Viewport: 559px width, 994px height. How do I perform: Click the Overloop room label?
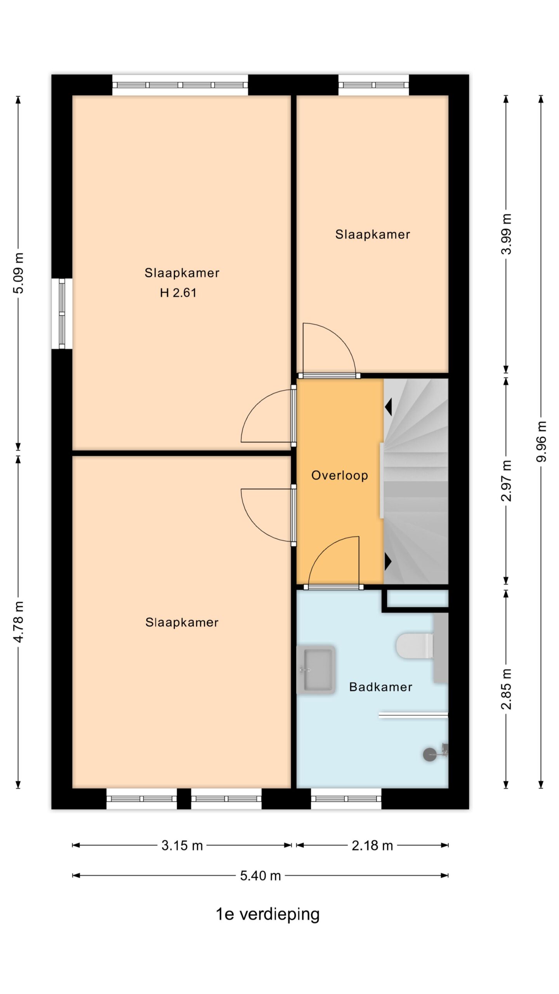(339, 475)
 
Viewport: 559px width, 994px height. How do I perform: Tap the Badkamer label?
(380, 687)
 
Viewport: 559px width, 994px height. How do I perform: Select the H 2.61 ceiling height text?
(178, 292)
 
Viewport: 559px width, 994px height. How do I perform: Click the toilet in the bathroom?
(415, 646)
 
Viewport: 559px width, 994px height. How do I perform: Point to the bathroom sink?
(316, 669)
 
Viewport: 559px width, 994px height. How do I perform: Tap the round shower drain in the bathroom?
(430, 754)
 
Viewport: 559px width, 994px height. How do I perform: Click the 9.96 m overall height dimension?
(541, 441)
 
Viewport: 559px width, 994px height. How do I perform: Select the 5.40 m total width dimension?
(260, 876)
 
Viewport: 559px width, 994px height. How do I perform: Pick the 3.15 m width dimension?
(182, 845)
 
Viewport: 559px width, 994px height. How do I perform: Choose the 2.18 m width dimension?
(372, 845)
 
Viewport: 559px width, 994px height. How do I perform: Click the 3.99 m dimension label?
(506, 234)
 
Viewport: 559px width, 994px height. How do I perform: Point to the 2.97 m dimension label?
(506, 481)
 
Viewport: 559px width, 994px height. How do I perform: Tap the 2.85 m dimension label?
(506, 689)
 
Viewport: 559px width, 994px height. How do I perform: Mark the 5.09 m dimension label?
(18, 273)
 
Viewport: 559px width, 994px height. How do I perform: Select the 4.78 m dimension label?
(18, 622)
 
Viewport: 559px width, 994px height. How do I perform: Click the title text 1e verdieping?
(267, 914)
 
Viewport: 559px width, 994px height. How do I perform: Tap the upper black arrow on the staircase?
(388, 407)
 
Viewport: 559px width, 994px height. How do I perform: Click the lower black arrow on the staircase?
(388, 561)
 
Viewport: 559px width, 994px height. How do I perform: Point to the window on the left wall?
(62, 313)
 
